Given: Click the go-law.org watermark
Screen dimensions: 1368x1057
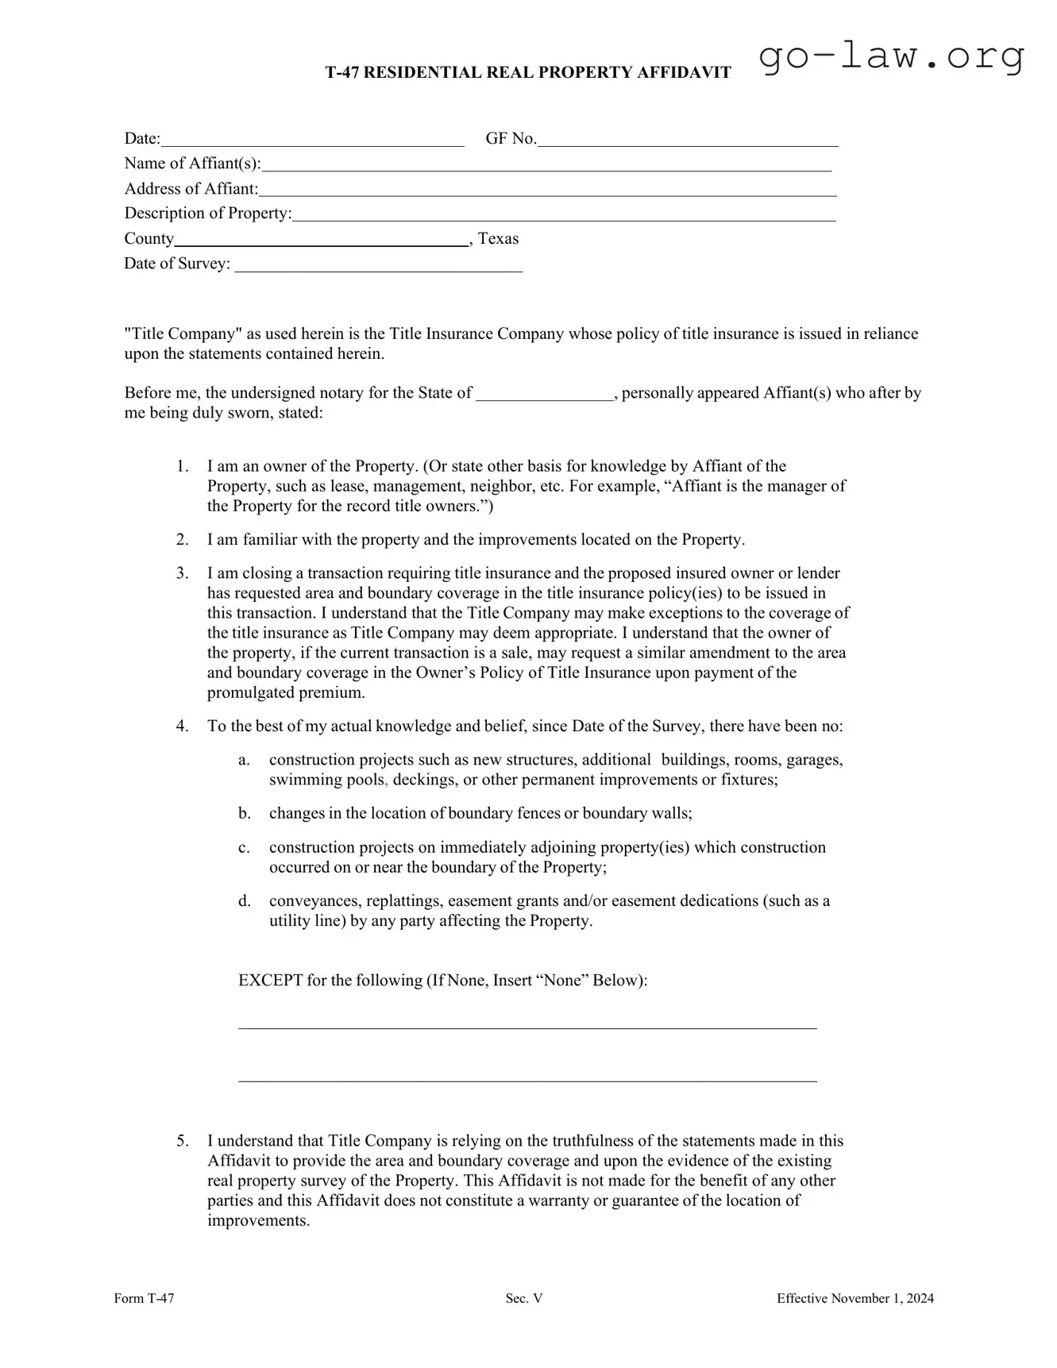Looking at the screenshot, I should pos(891,57).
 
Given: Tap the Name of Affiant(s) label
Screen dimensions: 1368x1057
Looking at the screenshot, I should pos(192,164).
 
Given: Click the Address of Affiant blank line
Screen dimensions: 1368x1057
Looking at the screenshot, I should pos(547,191).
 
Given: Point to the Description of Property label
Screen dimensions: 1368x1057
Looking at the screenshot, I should pos(207,214).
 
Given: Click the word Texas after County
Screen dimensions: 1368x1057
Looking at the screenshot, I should pos(498,239).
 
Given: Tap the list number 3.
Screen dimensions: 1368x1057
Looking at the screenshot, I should pos(183,573).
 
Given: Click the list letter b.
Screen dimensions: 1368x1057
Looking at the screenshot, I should pos(245,813).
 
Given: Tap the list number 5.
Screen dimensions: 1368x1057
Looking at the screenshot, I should pos(183,1141).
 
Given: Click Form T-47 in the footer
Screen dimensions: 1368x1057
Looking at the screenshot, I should pos(144,1298).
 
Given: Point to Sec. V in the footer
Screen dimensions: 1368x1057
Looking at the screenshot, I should pos(524,1298).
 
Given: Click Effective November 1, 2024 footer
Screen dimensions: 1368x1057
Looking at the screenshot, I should pos(854,1298).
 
